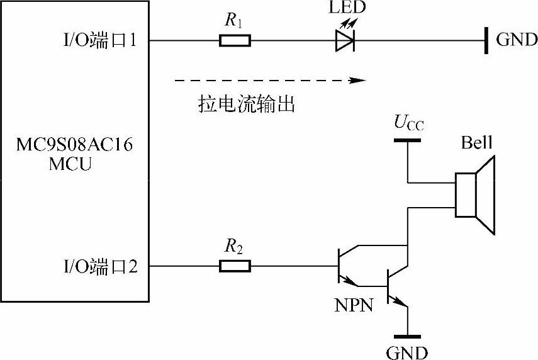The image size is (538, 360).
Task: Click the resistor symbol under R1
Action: click(235, 42)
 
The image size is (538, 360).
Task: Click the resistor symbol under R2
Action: click(235, 266)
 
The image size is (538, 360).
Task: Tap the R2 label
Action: click(234, 247)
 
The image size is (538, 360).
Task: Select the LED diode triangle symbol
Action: click(344, 42)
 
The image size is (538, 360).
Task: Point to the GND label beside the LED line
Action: click(517, 41)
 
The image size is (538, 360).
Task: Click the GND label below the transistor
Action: click(407, 351)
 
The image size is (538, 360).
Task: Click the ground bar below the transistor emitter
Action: click(407, 337)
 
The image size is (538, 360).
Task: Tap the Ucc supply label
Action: click(409, 122)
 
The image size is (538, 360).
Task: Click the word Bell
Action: click(476, 143)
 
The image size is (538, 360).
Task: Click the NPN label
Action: click(354, 306)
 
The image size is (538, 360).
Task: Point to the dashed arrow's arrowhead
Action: click(359, 81)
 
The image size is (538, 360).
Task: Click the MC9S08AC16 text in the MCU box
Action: click(74, 147)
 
